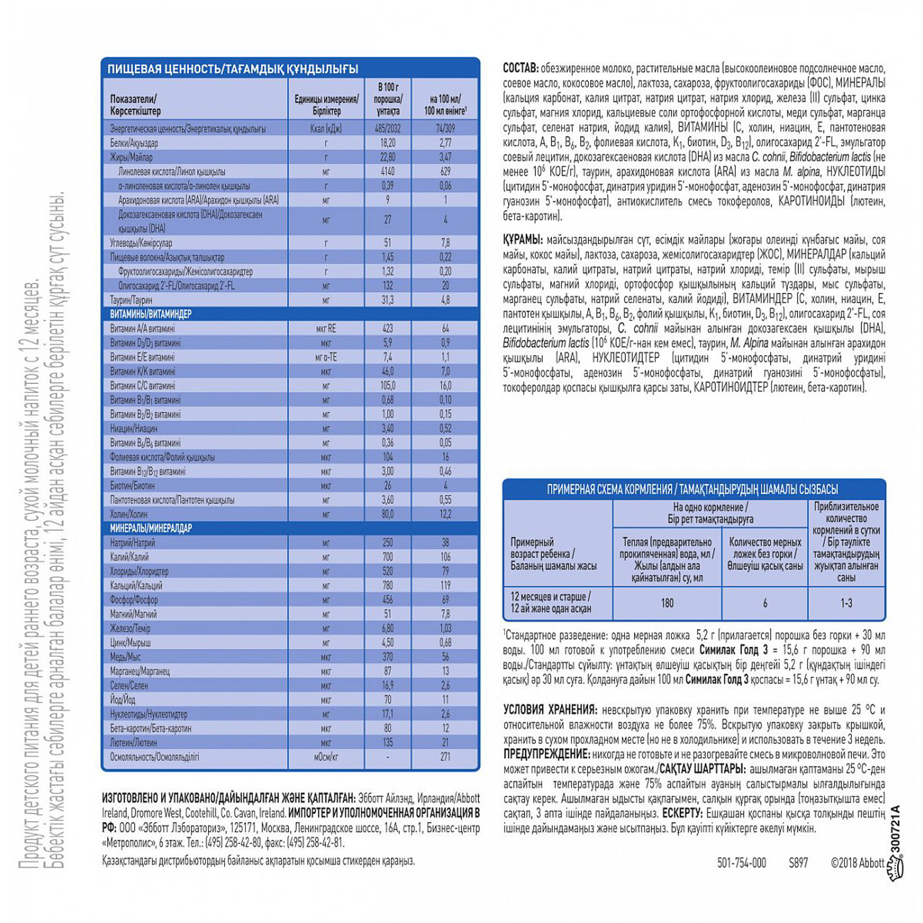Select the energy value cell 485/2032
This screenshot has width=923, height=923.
click(388, 128)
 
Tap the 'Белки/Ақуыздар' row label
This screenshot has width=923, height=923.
click(134, 143)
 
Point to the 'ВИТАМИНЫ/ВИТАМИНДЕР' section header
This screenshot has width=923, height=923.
click(150, 314)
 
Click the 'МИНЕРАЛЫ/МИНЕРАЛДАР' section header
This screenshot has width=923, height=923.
click(151, 528)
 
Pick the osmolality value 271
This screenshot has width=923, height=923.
click(445, 757)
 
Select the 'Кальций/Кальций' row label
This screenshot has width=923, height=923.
click(136, 585)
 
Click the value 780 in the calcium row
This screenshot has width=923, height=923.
click(388, 585)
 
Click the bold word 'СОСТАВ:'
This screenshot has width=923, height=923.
click(521, 68)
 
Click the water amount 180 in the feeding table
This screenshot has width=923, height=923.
click(667, 603)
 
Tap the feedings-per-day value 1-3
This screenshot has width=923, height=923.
click(846, 603)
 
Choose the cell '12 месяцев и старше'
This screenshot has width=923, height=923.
click(551, 597)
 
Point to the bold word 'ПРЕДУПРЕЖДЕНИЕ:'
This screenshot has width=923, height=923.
click(546, 755)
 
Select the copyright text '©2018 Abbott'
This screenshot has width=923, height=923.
click(857, 863)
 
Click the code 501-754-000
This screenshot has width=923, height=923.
click(742, 863)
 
